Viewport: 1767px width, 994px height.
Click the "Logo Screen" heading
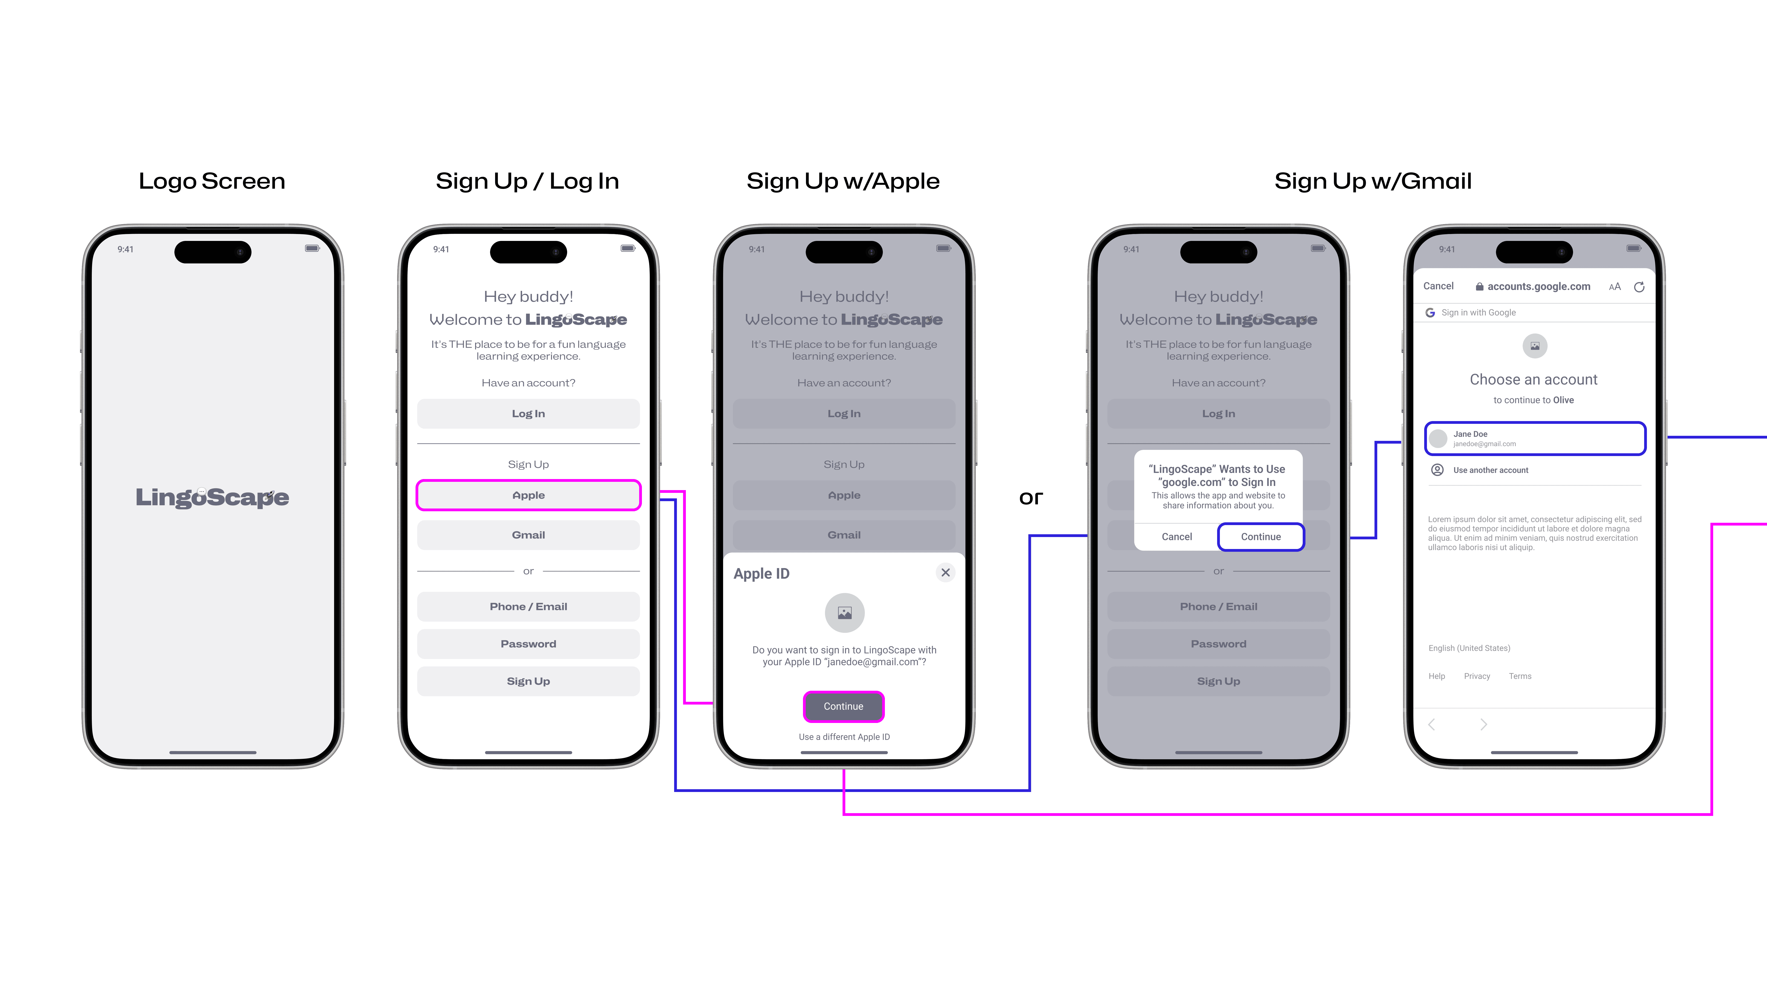(x=212, y=181)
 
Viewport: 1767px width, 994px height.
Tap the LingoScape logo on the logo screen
(x=212, y=497)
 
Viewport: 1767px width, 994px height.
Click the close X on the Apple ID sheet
(x=945, y=572)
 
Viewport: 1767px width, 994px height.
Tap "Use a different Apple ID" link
(x=844, y=737)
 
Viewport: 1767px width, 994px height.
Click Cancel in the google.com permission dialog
(x=1176, y=536)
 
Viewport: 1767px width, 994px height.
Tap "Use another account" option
(x=1490, y=470)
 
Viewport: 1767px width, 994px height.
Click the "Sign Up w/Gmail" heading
(x=1373, y=181)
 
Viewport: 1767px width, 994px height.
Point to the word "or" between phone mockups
(x=1030, y=497)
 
